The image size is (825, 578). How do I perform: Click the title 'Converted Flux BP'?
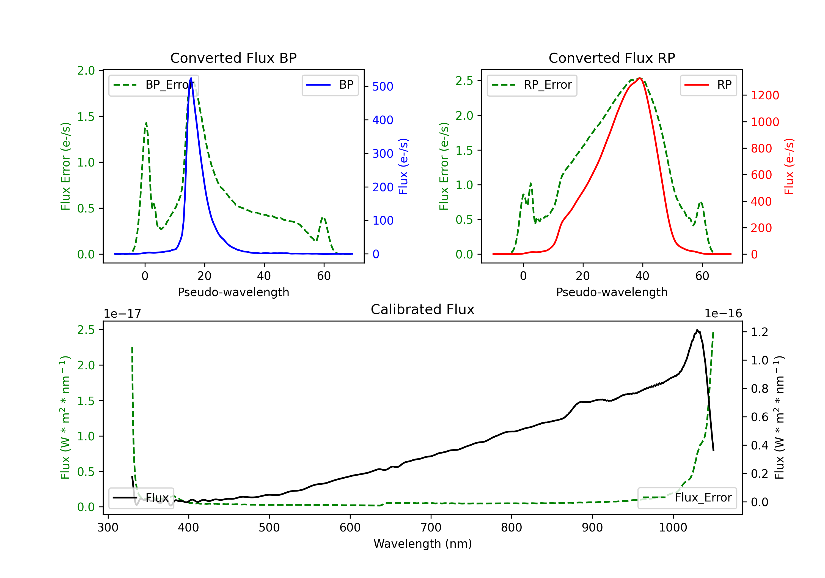(233, 58)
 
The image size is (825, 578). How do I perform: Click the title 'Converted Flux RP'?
(612, 58)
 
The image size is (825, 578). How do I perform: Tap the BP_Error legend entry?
(154, 85)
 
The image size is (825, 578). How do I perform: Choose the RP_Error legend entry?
(532, 85)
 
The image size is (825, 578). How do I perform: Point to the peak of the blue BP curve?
(191, 78)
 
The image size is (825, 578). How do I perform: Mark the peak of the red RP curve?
(640, 78)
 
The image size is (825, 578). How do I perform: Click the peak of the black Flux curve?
(697, 330)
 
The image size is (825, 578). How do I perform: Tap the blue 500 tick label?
(383, 86)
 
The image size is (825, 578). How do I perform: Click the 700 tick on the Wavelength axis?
(431, 527)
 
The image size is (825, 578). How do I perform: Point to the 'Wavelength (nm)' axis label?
(423, 544)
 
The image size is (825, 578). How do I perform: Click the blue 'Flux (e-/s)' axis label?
(403, 166)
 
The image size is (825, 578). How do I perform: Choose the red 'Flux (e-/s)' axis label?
(789, 166)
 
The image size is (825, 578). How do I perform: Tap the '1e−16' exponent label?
(723, 314)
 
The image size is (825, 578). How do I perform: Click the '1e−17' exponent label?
(123, 314)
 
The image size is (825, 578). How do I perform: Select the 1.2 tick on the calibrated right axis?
(760, 332)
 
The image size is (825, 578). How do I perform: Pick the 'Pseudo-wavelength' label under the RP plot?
(612, 292)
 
